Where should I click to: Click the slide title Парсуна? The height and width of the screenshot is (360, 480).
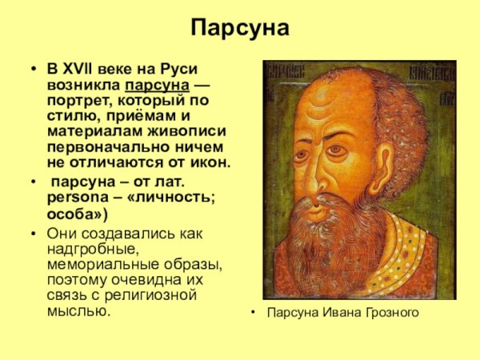click(x=240, y=29)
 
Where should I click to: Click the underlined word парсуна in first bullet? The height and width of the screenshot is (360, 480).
click(x=156, y=85)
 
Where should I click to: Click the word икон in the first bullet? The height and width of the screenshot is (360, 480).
click(x=210, y=162)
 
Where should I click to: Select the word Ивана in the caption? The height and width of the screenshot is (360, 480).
click(x=338, y=312)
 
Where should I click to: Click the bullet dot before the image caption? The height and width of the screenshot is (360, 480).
click(x=254, y=312)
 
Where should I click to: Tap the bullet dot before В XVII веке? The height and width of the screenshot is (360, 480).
click(x=33, y=70)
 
